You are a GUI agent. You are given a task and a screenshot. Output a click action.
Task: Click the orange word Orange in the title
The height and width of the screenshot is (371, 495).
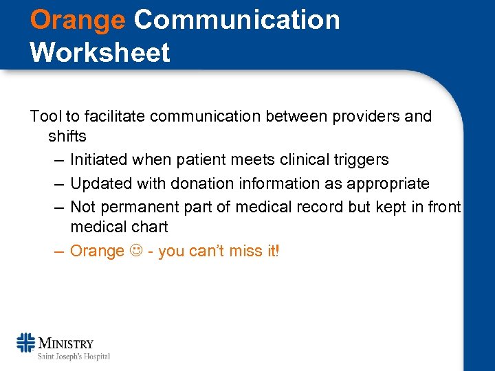click(x=78, y=20)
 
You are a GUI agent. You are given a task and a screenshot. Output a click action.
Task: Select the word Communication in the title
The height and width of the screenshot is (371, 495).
click(x=236, y=20)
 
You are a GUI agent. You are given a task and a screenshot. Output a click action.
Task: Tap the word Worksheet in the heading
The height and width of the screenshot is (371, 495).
click(x=100, y=52)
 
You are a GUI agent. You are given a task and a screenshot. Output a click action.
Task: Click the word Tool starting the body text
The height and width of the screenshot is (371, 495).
click(x=45, y=116)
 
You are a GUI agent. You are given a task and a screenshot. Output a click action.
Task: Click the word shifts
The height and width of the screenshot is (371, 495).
click(x=67, y=136)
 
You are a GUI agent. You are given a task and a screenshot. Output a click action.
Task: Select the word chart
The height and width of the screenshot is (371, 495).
click(x=148, y=226)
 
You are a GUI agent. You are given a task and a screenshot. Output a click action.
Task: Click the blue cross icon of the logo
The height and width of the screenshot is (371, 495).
click(x=26, y=343)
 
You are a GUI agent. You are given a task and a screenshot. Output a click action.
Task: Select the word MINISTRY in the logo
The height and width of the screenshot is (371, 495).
click(x=66, y=343)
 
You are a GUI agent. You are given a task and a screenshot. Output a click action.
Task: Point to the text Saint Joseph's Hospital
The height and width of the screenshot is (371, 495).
click(x=74, y=356)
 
